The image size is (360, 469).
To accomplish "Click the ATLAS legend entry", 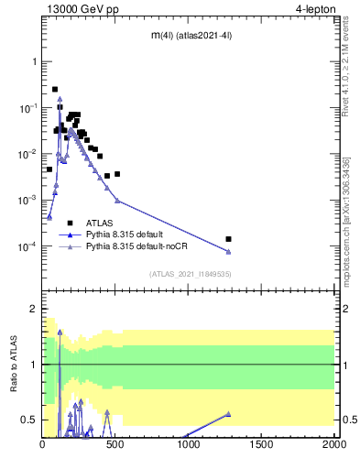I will coord(100,223).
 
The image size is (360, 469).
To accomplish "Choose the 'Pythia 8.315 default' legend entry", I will coord(124,234).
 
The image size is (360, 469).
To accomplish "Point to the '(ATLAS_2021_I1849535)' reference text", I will coord(189,273).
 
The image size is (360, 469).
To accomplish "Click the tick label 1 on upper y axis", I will coord(34,61).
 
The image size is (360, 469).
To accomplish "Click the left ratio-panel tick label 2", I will coord(34,310).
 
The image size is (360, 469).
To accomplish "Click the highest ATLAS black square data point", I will coord(55,90).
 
